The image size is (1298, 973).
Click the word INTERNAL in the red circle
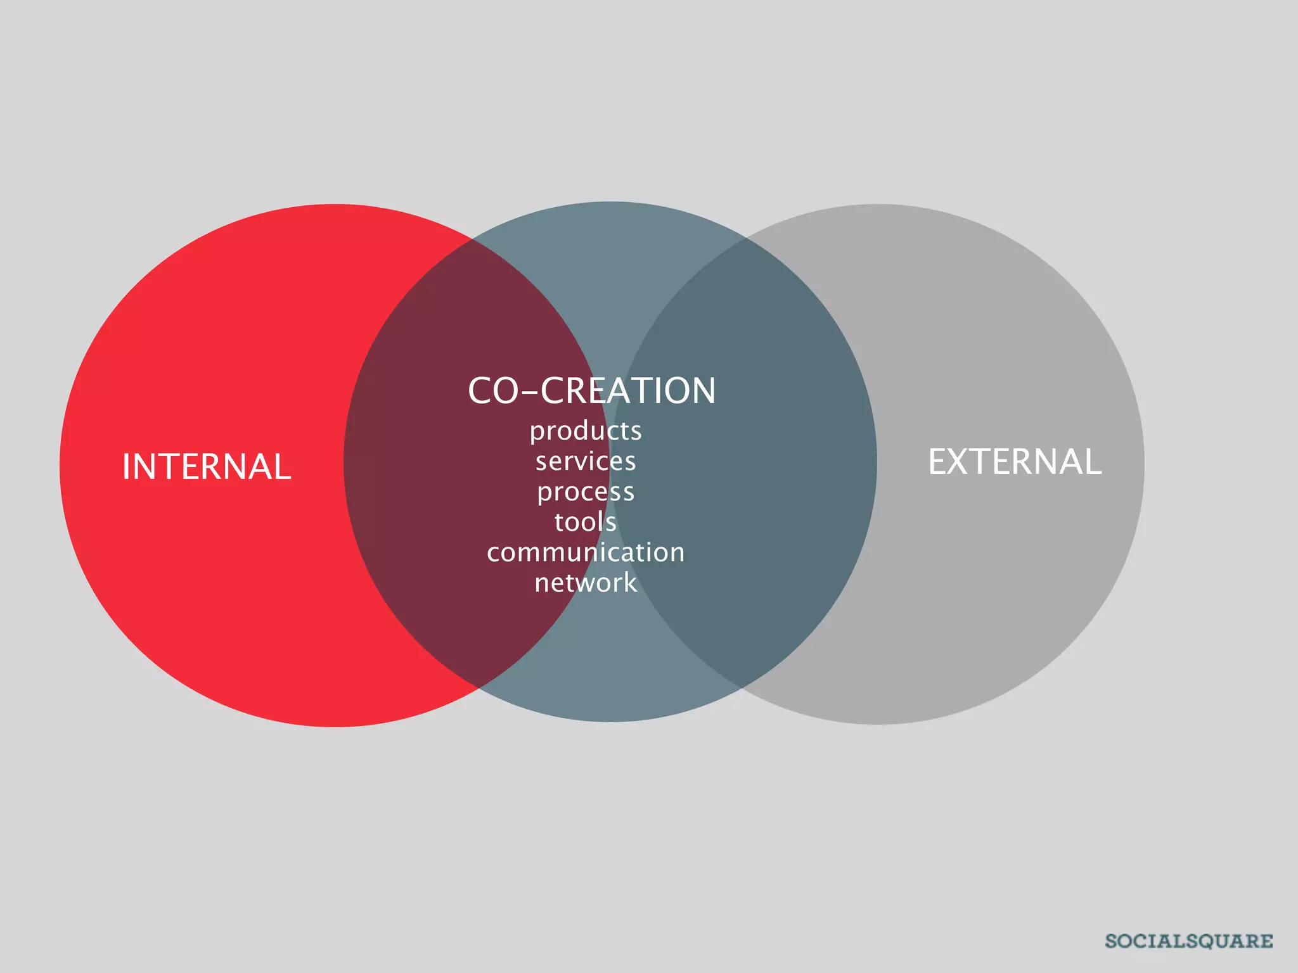click(207, 467)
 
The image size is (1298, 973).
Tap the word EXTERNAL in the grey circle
click(1015, 461)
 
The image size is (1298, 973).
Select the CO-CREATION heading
click(591, 390)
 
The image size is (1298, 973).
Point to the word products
click(586, 431)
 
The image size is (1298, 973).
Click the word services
click(586, 461)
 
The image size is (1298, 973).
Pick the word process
click(586, 492)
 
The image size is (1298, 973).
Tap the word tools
click(586, 522)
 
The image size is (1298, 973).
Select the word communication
click(586, 552)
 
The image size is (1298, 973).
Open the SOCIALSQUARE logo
click(1188, 941)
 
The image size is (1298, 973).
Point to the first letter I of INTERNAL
click(126, 467)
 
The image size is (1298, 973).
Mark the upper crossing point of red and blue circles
click(472, 239)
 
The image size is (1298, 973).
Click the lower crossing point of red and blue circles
click(477, 687)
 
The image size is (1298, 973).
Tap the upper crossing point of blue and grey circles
click(745, 239)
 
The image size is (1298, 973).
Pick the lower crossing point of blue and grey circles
click(742, 687)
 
